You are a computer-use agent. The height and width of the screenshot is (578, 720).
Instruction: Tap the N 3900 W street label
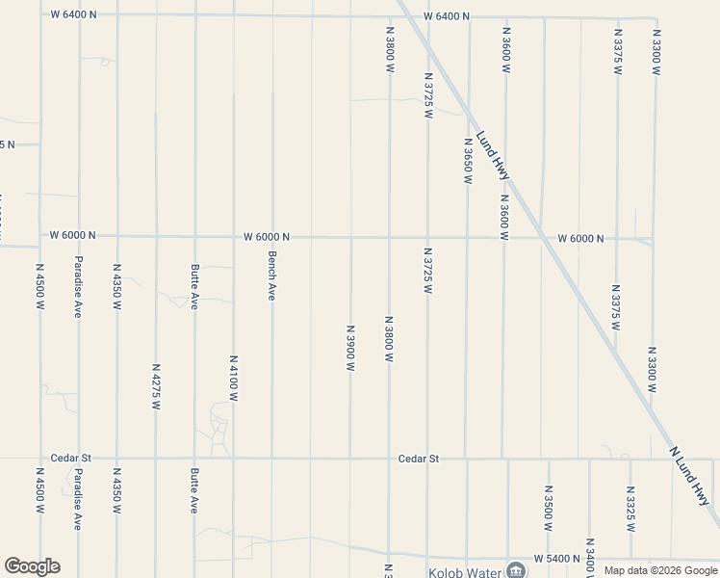[350, 349]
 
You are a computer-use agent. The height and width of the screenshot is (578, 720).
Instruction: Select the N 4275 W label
[155, 386]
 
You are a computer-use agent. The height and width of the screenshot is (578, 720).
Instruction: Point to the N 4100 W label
[233, 378]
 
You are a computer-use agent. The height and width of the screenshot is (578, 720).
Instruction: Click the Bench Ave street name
[272, 276]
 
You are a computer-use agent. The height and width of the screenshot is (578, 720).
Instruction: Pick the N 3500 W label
[548, 509]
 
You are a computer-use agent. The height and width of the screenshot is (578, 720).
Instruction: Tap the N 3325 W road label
[630, 509]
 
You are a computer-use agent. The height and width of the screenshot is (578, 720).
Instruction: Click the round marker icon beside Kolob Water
[517, 568]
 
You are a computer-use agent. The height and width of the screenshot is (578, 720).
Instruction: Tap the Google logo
[32, 566]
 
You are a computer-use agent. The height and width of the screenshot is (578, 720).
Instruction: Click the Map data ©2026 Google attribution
[661, 570]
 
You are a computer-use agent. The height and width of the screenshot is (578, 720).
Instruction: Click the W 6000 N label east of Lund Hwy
[580, 238]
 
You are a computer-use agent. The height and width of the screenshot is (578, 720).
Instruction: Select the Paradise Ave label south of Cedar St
[78, 499]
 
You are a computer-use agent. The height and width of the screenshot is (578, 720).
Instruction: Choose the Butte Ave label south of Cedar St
[194, 490]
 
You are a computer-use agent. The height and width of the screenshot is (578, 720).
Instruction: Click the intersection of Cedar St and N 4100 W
[233, 459]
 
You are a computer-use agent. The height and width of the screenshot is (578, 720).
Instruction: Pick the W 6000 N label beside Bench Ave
[267, 236]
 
